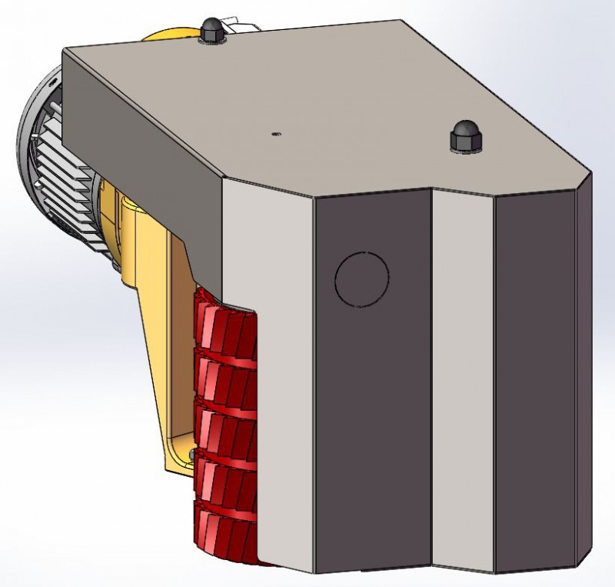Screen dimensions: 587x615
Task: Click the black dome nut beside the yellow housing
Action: point(211,30)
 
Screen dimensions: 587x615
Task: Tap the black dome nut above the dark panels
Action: point(464,136)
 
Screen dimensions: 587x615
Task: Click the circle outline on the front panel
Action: point(361,278)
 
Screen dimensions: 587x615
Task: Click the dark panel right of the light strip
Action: point(534,377)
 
